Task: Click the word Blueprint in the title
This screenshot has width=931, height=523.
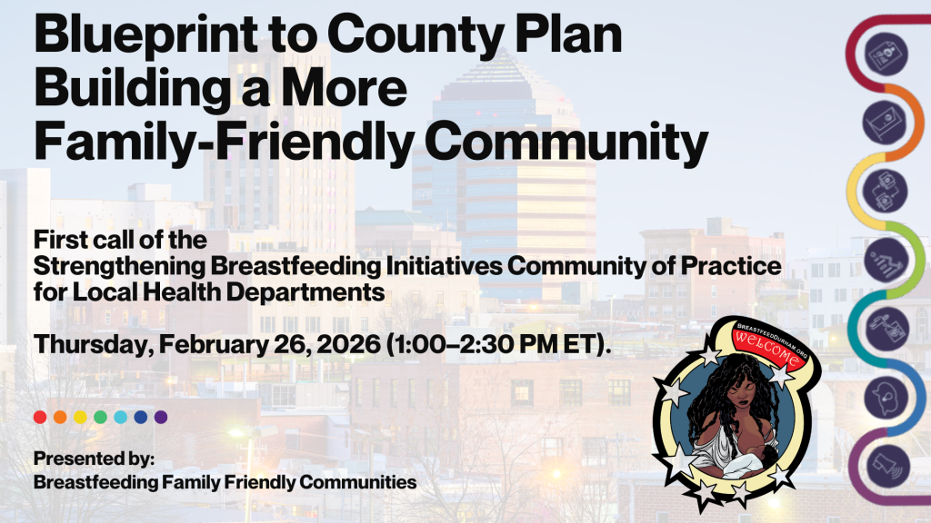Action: [x=146, y=36]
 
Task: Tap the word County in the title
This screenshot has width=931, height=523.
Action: [x=415, y=36]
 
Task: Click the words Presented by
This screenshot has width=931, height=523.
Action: [x=94, y=459]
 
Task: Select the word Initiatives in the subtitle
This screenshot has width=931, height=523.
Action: [x=444, y=266]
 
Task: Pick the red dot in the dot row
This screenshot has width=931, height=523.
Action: [x=40, y=417]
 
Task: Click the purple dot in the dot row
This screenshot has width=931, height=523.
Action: [x=161, y=417]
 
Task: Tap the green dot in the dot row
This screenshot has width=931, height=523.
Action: [x=100, y=417]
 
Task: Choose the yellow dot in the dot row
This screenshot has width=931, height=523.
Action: [x=80, y=417]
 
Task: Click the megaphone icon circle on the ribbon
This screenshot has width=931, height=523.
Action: [x=887, y=466]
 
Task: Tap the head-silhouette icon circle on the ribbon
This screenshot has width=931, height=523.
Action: [x=886, y=398]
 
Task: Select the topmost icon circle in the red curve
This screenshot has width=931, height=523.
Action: [x=886, y=54]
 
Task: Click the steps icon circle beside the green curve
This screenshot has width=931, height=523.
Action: [x=886, y=260]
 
